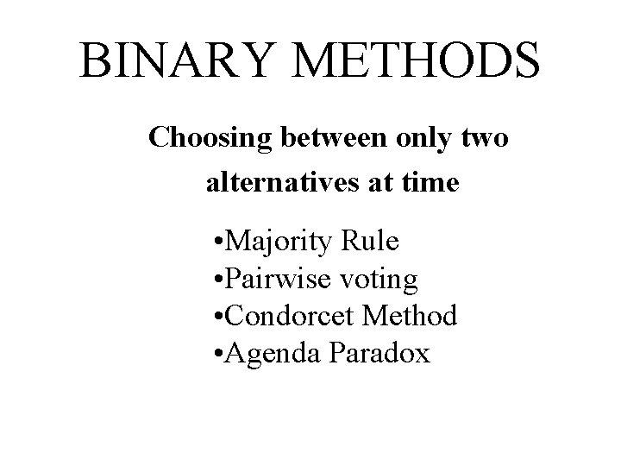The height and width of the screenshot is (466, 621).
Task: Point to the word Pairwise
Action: tap(268, 280)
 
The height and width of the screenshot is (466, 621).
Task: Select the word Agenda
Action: tap(264, 353)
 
